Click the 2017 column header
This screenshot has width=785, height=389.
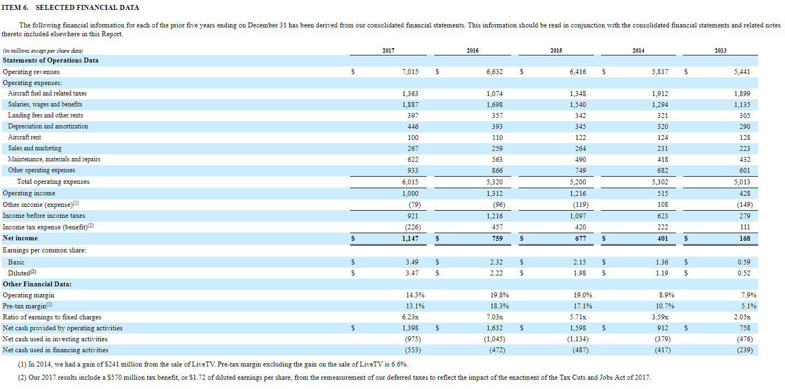tap(388, 50)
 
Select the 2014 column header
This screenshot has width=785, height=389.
tap(638, 50)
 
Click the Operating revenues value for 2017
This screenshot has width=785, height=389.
tap(410, 72)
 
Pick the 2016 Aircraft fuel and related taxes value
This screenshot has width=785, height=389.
tap(495, 94)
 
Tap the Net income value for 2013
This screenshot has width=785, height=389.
tap(744, 238)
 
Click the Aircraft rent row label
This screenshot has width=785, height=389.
tap(25, 137)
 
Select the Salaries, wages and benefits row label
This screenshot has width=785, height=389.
tap(45, 104)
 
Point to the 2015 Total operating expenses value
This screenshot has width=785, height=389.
tap(577, 182)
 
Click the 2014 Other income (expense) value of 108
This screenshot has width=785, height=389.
tap(662, 204)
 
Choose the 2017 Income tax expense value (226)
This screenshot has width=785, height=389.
tap(413, 227)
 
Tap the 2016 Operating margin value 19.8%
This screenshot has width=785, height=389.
tap(500, 295)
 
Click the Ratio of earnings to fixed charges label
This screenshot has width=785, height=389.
tap(52, 317)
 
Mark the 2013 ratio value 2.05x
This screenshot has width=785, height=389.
tap(742, 317)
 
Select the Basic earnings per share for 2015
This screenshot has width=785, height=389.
tap(580, 262)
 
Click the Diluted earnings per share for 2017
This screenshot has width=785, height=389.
tap(412, 273)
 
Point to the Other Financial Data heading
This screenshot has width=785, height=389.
tap(37, 284)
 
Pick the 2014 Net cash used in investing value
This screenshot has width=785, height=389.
tap(662, 339)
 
